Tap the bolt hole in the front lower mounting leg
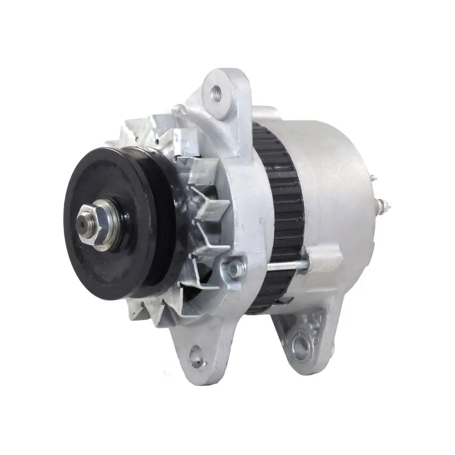pos(197,355)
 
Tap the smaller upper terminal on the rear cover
pos(373,178)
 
